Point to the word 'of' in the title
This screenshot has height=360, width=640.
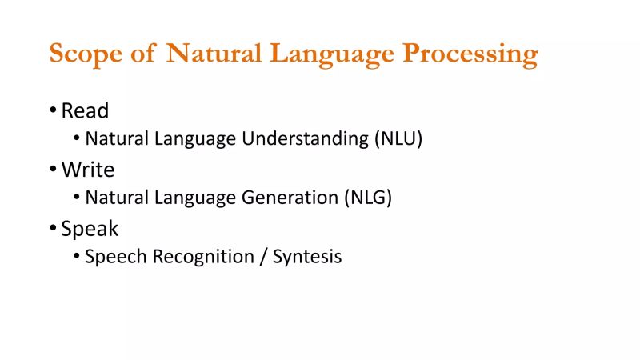pos(146,54)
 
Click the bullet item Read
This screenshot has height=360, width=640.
pos(85,110)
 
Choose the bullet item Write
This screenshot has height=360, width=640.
pos(88,170)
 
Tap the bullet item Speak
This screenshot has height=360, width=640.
pos(90,229)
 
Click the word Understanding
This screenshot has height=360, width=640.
pos(306,139)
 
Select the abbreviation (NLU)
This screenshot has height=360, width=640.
pos(398,139)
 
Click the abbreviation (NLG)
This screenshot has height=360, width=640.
pos(368,198)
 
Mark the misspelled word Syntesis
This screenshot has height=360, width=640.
pos(308,258)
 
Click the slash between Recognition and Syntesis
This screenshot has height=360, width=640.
pos(264,258)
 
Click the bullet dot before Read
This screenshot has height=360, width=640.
pos(53,110)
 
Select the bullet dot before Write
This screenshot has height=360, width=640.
pos(53,170)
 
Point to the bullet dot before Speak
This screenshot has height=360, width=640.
pos(53,229)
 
